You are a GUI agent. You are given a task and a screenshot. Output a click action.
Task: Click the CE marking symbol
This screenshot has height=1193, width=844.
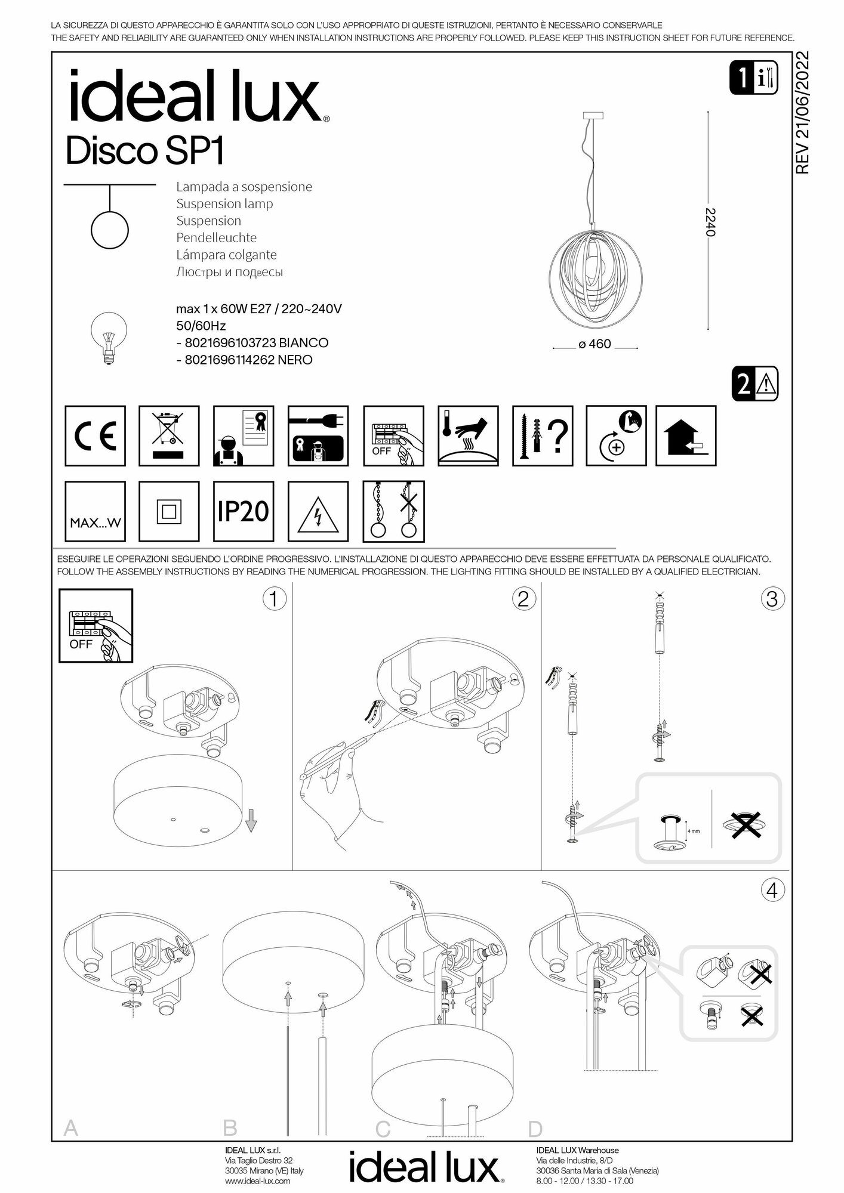pyautogui.click(x=95, y=435)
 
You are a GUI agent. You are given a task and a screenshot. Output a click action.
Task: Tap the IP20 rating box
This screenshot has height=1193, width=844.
pyautogui.click(x=244, y=511)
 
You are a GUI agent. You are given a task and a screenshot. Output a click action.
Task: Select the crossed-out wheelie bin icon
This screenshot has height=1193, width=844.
pyautogui.click(x=169, y=435)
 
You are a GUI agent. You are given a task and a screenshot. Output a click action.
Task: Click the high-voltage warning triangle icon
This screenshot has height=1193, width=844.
pyautogui.click(x=318, y=511)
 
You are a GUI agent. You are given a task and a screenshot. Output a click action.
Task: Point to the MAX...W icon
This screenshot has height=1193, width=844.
pyautogui.click(x=95, y=511)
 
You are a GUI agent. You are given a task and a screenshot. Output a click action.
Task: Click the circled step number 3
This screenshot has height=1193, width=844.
pyautogui.click(x=772, y=598)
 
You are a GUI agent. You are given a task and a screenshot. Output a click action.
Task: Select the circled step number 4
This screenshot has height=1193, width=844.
pyautogui.click(x=772, y=891)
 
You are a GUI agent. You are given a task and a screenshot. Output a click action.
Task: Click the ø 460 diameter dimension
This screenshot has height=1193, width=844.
pyautogui.click(x=595, y=344)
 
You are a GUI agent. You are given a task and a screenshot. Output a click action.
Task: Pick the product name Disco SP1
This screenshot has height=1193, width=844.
pyautogui.click(x=144, y=152)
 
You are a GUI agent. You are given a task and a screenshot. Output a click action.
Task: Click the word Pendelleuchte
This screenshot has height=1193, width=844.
pyautogui.click(x=216, y=237)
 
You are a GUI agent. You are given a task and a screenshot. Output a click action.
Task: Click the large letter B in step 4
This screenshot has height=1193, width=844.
pyautogui.click(x=230, y=1128)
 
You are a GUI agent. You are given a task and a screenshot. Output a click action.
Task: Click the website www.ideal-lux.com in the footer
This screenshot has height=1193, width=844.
pyautogui.click(x=258, y=1180)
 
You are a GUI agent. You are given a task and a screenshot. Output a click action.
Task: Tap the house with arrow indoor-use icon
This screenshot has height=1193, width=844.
pyautogui.click(x=686, y=435)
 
